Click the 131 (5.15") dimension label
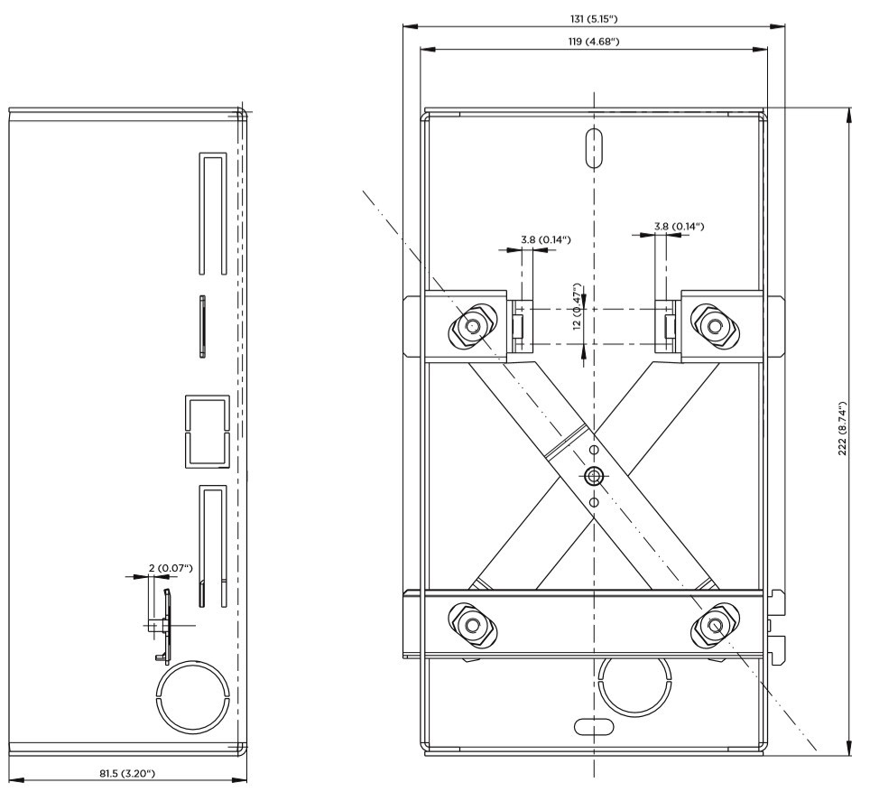(x=592, y=18)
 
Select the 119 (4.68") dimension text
(x=592, y=42)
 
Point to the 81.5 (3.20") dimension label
(x=126, y=773)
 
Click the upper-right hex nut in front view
(x=714, y=325)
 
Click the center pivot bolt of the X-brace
(x=593, y=475)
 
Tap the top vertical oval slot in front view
(x=593, y=147)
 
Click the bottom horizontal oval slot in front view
(x=593, y=724)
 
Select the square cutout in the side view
(x=207, y=431)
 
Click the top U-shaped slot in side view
(x=212, y=212)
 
